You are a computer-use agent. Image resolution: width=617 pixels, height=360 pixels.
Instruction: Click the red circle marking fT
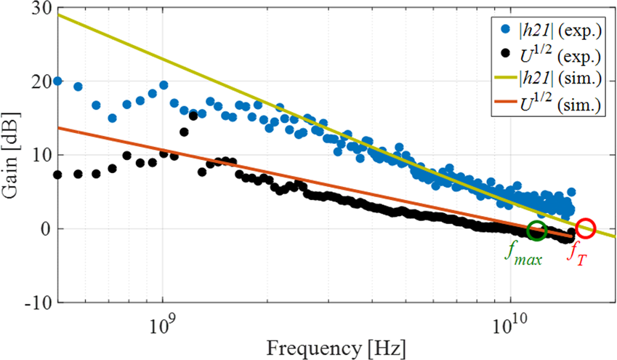coord(586,229)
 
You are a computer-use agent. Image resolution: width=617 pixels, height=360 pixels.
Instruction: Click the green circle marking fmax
coord(537,231)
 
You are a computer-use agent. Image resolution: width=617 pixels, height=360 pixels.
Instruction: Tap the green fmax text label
coord(523,257)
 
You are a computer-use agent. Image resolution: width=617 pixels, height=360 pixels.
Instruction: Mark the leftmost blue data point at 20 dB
coord(57,81)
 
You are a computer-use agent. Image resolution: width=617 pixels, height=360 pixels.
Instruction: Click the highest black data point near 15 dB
coord(193,116)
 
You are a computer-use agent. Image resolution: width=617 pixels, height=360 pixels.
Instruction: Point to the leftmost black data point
coord(58,175)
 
